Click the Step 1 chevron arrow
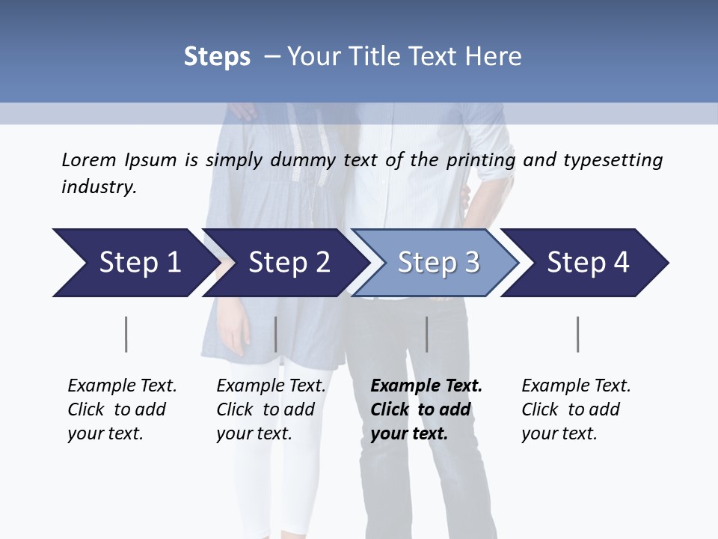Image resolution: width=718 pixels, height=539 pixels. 135,263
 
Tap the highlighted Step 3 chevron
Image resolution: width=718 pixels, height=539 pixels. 438,263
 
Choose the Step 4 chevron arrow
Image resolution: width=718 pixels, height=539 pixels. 588,263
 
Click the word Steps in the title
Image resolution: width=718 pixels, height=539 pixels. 217,57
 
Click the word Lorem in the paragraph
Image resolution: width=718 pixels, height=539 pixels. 88,159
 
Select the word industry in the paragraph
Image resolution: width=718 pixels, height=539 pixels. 99,187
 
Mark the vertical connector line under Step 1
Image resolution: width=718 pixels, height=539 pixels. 126,334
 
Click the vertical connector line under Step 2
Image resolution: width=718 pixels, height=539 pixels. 276,334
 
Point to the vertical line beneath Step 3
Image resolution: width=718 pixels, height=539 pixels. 427,334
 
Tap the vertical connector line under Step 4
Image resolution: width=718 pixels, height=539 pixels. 578,334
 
